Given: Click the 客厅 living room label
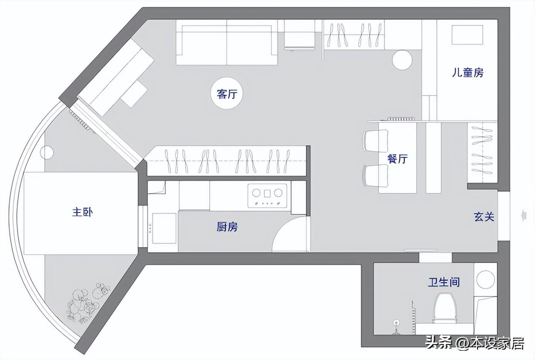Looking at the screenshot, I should [227, 94].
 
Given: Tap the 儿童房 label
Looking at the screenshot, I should [467, 72].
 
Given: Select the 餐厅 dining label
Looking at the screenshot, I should [397, 158].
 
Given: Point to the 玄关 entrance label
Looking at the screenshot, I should [484, 217].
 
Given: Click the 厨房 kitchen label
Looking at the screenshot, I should [227, 227].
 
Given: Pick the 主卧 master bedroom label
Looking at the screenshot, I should [82, 212].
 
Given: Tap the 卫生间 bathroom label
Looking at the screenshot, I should [444, 282].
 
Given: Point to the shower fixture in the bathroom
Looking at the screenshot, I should [396, 326].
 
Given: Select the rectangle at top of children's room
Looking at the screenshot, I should [467, 35].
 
